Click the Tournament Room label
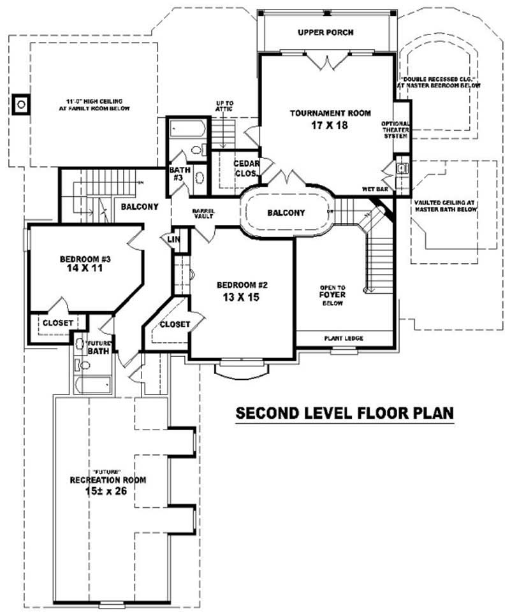(330, 113)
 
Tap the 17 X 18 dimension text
(330, 125)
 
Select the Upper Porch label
(325, 32)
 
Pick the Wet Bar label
(375, 189)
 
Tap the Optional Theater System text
(395, 130)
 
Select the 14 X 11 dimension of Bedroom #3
(85, 269)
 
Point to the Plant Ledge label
(344, 338)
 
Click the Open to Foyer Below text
(333, 295)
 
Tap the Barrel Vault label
(204, 213)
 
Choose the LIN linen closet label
(173, 240)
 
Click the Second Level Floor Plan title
(344, 413)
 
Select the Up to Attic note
(224, 106)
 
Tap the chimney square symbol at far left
(21, 103)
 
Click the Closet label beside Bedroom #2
(175, 324)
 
